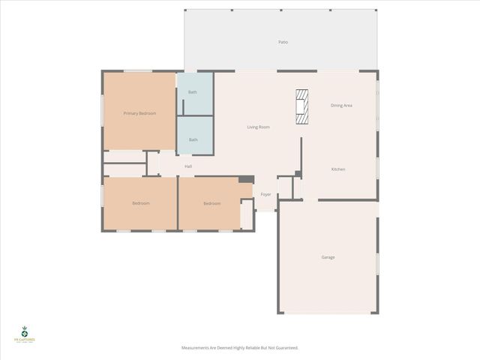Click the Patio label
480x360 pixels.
coord(283,42)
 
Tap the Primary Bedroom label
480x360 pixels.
coord(139,113)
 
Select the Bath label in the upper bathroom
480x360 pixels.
coord(193,92)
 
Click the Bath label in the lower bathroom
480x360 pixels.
coord(193,139)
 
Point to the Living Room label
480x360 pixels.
coord(258,127)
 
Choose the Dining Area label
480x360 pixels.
coord(341,106)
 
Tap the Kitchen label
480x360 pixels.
coord(338,169)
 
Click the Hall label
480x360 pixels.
coord(188,166)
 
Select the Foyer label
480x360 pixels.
coord(265,194)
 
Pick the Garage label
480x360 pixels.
coord(328,257)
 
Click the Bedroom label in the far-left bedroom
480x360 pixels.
coord(141,203)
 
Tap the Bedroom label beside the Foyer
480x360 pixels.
coord(211,203)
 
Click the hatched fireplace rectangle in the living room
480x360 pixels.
coord(301,106)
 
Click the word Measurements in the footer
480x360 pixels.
coord(196,348)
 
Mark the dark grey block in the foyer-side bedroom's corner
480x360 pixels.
coord(246,179)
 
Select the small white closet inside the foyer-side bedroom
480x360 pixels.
coord(247,214)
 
